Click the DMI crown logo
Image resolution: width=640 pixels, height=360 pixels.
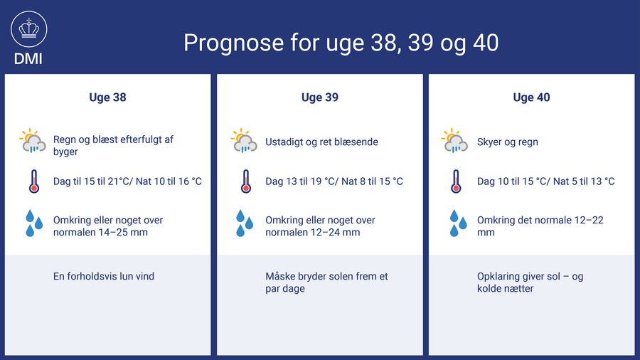click(x=29, y=29)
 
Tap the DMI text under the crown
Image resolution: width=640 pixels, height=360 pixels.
click(x=28, y=59)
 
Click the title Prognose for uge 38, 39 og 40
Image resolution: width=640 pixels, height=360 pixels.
click(x=341, y=43)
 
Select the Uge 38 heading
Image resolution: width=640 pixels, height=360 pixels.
click(x=108, y=97)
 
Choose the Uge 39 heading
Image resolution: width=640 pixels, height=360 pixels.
click(x=320, y=97)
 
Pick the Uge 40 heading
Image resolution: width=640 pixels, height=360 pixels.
click(x=531, y=97)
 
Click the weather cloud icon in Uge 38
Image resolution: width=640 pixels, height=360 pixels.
click(x=33, y=141)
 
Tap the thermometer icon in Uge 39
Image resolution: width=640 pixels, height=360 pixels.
click(x=246, y=181)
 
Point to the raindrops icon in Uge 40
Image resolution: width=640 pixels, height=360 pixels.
click(x=458, y=223)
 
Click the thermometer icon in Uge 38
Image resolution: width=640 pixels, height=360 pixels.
click(x=34, y=181)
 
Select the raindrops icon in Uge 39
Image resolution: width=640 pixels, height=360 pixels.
click(x=245, y=223)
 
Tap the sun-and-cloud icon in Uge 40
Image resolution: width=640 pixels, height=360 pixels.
click(x=454, y=141)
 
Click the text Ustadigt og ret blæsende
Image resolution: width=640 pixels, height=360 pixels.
click(x=321, y=142)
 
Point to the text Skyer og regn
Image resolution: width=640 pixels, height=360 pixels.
click(x=507, y=142)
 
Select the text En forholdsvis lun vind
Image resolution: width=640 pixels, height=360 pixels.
click(x=104, y=276)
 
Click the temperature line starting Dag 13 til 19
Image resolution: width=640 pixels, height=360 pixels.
click(x=334, y=181)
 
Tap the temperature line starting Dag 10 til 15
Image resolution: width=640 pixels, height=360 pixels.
click(x=545, y=181)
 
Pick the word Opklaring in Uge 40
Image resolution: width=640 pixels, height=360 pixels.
click(x=497, y=277)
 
